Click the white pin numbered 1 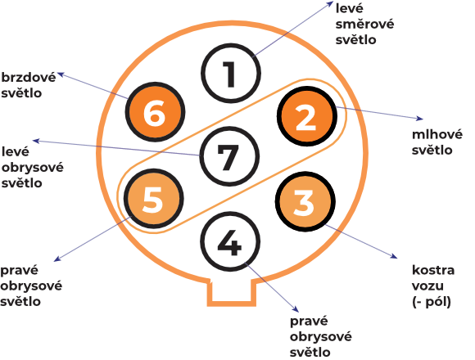231,74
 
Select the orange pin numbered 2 306,116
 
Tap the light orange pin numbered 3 305,201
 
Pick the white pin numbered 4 230,241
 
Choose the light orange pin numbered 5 154,199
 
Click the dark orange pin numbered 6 155,112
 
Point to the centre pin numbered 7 229,156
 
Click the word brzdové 29,78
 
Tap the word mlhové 437,134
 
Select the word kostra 433,270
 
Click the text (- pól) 432,302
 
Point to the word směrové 364,24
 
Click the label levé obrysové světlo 33,167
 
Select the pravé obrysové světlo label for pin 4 321,336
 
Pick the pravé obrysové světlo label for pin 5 31,286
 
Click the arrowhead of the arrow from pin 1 331,3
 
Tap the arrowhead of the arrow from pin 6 61,74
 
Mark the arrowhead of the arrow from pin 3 395,257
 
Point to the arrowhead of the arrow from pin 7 36,141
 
